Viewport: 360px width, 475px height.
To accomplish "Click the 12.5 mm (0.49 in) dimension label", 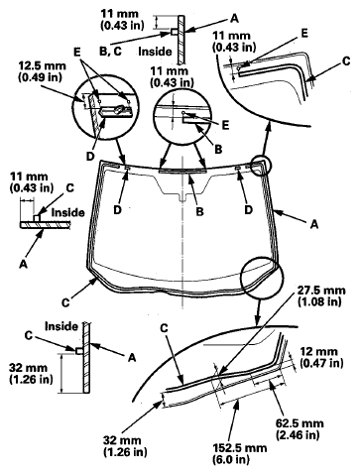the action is click(42, 70).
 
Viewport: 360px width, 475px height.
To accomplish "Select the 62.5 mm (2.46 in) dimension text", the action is click(300, 428).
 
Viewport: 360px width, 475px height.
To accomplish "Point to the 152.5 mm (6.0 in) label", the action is click(240, 453).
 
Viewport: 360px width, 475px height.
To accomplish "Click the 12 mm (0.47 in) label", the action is click(321, 357).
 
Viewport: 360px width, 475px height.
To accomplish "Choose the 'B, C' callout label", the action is click(110, 51).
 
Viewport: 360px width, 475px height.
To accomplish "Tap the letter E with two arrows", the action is click(77, 52).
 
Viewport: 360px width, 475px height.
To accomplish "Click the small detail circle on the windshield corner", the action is click(262, 166).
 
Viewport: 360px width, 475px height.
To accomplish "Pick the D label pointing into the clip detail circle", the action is click(90, 156).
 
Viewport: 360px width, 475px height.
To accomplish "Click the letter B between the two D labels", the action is click(199, 211).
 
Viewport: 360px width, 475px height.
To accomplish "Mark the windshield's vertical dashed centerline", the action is click(182, 231).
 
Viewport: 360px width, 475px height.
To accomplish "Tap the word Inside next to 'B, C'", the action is click(155, 52).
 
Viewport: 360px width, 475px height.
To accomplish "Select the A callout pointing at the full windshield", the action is click(314, 224).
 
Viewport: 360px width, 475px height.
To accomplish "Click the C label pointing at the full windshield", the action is click(65, 302).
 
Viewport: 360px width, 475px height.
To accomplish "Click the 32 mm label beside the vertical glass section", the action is click(31, 373).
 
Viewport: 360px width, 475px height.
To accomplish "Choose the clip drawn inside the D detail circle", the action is click(117, 111).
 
